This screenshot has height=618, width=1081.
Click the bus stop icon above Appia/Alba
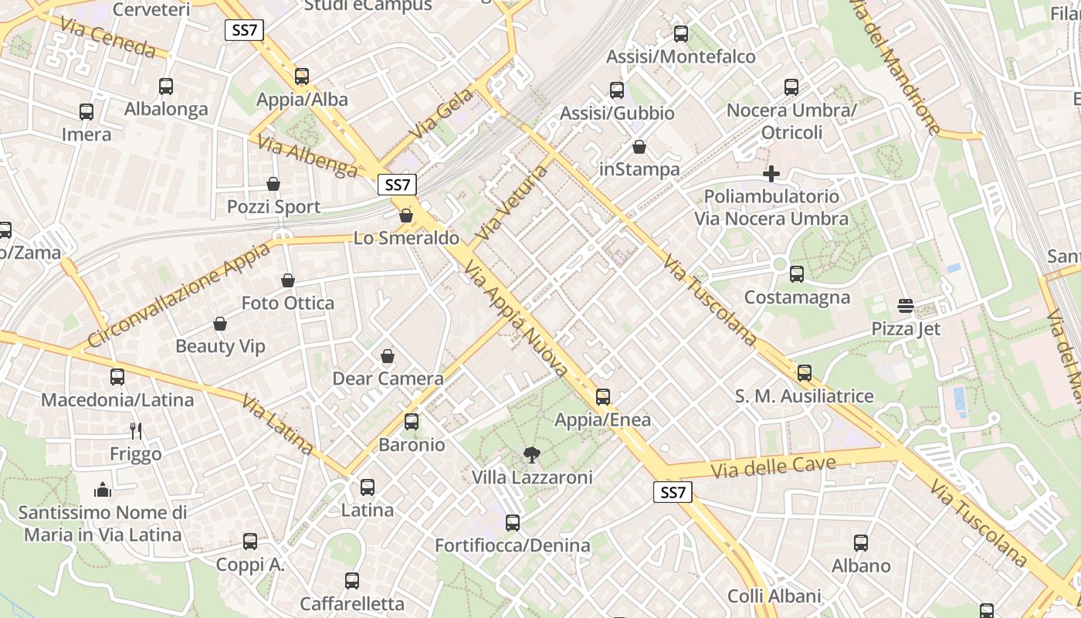[302, 76]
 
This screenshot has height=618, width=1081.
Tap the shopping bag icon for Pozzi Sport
[273, 184]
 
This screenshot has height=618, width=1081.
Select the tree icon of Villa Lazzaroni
[532, 454]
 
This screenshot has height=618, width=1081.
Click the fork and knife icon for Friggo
[136, 430]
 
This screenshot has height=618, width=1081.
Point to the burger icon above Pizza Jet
[906, 306]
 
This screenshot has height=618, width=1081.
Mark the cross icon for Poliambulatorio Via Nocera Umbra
[771, 174]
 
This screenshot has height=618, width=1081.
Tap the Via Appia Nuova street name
[515, 318]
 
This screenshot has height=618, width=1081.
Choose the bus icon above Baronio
[412, 422]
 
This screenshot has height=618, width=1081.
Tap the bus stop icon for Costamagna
[797, 274]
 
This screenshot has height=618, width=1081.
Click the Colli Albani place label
[774, 596]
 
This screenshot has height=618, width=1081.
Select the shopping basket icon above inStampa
[639, 147]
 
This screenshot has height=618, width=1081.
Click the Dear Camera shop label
[388, 379]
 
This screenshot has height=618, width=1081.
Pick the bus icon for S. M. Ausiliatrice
[805, 373]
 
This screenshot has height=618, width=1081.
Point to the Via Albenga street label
[307, 156]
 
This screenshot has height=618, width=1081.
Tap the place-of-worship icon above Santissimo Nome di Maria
[102, 490]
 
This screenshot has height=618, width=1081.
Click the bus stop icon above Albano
[861, 543]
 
